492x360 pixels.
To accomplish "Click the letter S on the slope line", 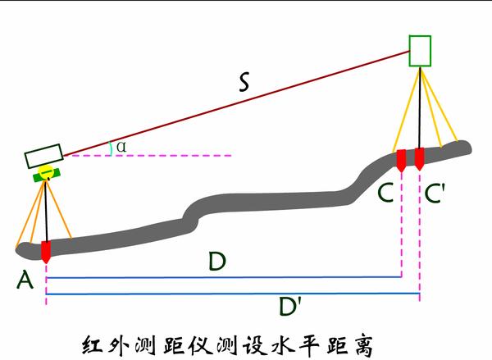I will (244, 82).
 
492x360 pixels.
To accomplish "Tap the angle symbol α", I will (121, 146).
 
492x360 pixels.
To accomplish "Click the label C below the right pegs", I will (387, 194).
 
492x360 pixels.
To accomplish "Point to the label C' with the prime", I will (436, 194).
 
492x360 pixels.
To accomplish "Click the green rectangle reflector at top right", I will (420, 51).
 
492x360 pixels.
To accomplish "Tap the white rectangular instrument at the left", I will (43, 157).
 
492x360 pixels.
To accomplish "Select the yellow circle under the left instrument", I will (48, 171).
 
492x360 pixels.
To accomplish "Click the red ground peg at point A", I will (46, 251).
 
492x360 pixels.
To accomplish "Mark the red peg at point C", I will (400, 159).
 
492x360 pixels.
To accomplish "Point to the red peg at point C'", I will (420, 159).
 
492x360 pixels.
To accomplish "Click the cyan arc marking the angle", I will (112, 147).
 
